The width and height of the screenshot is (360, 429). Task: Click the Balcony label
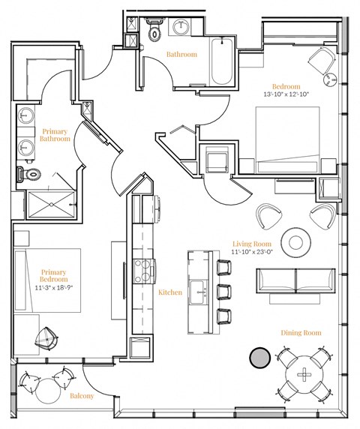coord(82,396)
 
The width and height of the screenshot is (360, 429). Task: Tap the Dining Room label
coord(301,332)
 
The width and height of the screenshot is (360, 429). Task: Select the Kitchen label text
coord(170,292)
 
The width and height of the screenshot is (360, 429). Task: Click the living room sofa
coord(295,281)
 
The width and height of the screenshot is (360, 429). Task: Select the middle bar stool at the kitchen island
coord(222,289)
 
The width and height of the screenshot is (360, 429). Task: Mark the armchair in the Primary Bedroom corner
coord(49,340)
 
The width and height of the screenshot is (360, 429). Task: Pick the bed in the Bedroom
coord(287,139)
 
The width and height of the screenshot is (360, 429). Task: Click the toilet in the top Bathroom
coord(155,29)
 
